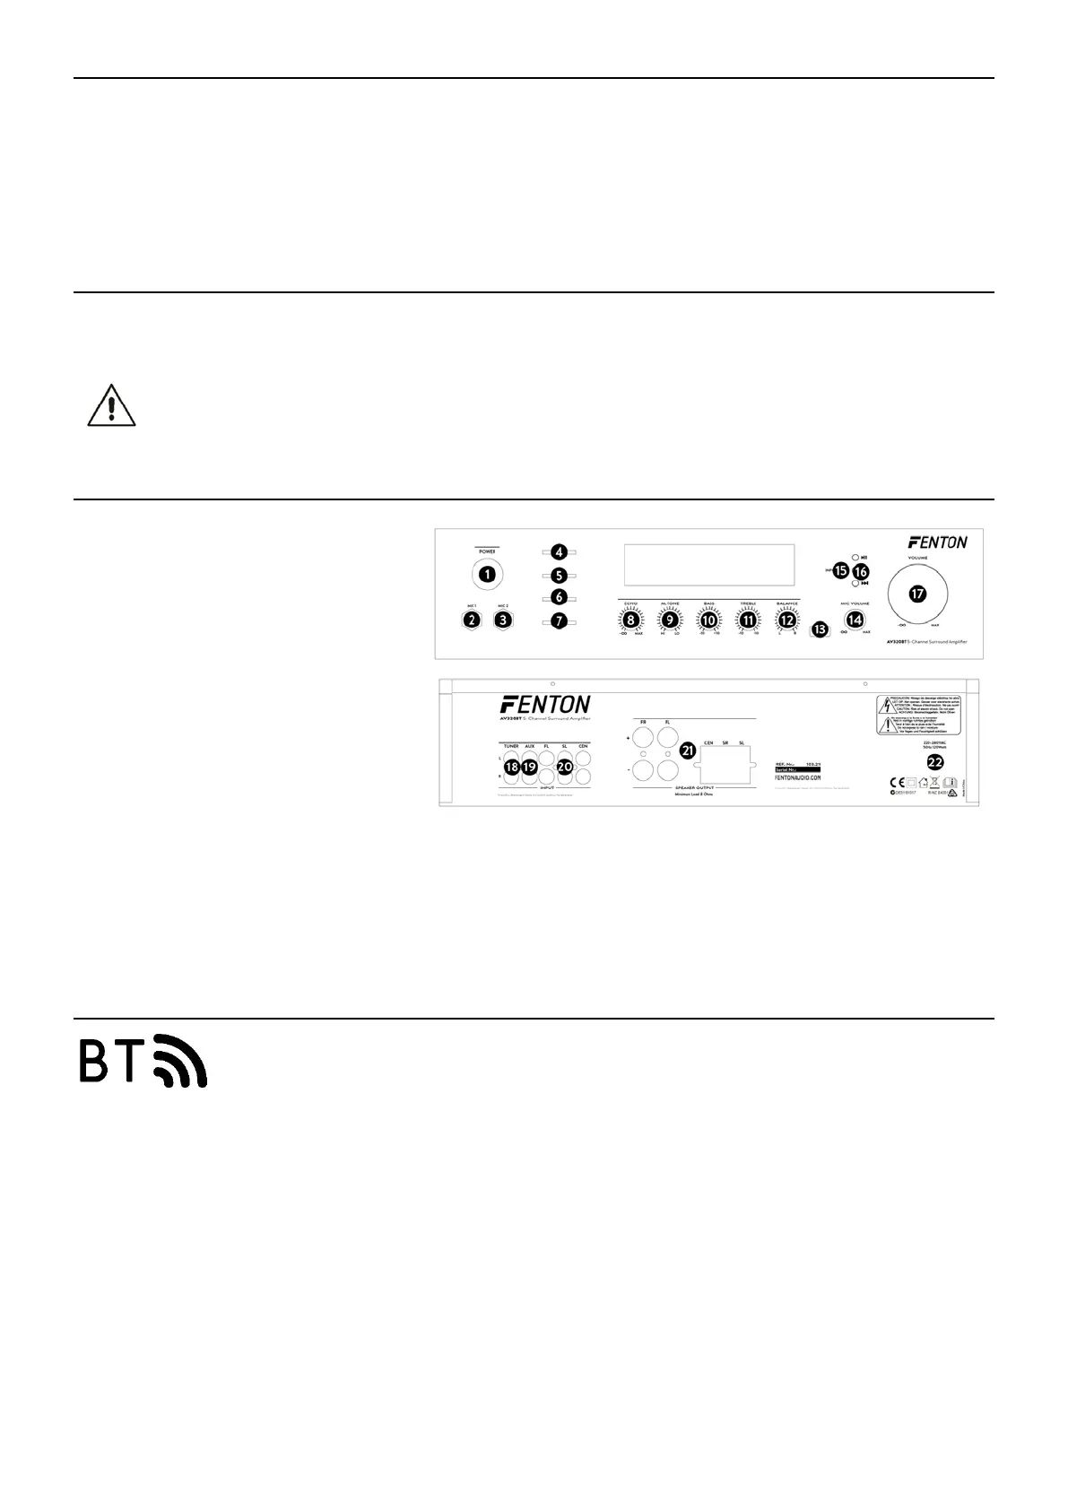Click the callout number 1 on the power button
click(x=488, y=572)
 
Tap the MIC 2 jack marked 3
click(x=504, y=619)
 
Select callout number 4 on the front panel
click(x=559, y=553)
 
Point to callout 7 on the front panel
click(x=559, y=620)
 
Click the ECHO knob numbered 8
click(x=630, y=619)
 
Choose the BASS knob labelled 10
click(x=708, y=619)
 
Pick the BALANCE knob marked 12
click(x=786, y=619)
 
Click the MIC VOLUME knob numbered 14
click(x=855, y=619)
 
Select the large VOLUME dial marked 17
click(x=916, y=594)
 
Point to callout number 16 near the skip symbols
click(x=861, y=570)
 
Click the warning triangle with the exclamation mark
click(x=111, y=406)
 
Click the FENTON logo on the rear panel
click(x=544, y=703)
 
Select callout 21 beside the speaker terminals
click(x=689, y=751)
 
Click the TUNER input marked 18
click(x=511, y=768)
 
